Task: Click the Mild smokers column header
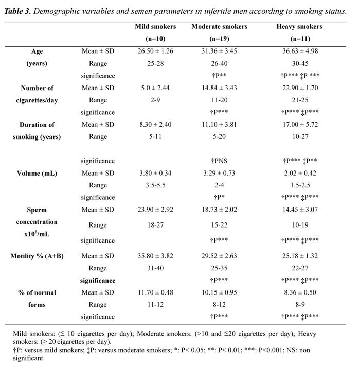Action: click(x=155, y=26)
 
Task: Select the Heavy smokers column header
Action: click(x=299, y=26)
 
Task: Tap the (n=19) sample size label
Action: click(x=219, y=39)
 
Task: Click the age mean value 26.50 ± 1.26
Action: click(x=155, y=51)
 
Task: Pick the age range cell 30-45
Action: click(x=300, y=63)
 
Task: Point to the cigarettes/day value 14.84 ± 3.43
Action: click(x=219, y=88)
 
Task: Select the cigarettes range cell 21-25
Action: click(x=300, y=100)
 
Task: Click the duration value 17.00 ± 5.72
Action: click(x=300, y=125)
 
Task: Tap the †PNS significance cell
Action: click(x=219, y=161)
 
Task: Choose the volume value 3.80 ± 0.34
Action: click(x=155, y=173)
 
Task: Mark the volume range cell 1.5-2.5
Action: click(x=300, y=185)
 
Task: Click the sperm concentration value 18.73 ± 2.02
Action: click(x=219, y=210)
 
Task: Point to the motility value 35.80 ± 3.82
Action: click(x=155, y=256)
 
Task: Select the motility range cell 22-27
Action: click(x=300, y=268)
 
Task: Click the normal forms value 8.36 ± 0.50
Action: click(x=300, y=292)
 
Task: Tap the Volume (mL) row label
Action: click(x=37, y=173)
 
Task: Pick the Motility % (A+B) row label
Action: click(x=37, y=256)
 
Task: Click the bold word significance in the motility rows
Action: click(x=98, y=281)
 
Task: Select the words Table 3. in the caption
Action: click(x=17, y=11)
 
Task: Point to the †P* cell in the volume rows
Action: click(x=219, y=197)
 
